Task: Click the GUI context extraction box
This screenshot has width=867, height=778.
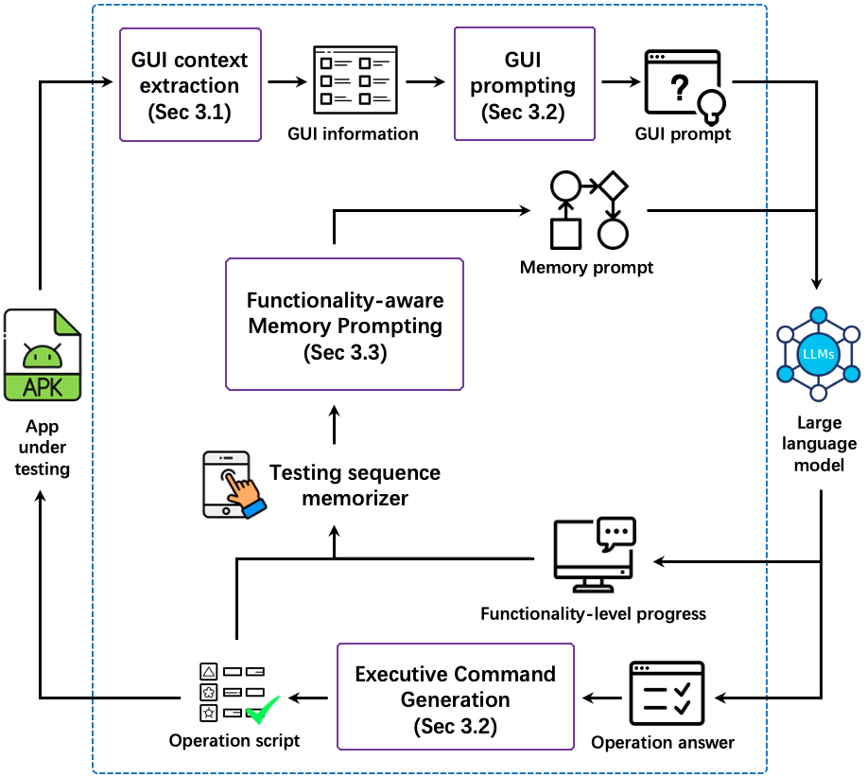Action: tap(190, 85)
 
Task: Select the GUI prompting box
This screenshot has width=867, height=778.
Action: tap(524, 85)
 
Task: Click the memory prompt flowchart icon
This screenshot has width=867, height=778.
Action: tap(588, 209)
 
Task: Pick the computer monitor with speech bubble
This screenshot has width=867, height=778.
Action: tap(594, 554)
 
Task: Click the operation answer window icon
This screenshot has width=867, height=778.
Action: tap(666, 693)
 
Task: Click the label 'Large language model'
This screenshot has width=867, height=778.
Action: tap(818, 444)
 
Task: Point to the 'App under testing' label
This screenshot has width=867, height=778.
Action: tap(43, 448)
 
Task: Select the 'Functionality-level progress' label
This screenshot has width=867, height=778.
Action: tap(593, 613)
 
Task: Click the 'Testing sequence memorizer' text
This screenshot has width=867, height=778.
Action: tap(355, 485)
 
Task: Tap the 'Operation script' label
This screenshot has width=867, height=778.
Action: tap(234, 740)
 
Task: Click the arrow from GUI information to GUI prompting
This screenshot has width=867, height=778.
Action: tap(425, 82)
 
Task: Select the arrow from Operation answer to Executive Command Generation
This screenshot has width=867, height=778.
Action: tap(599, 698)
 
